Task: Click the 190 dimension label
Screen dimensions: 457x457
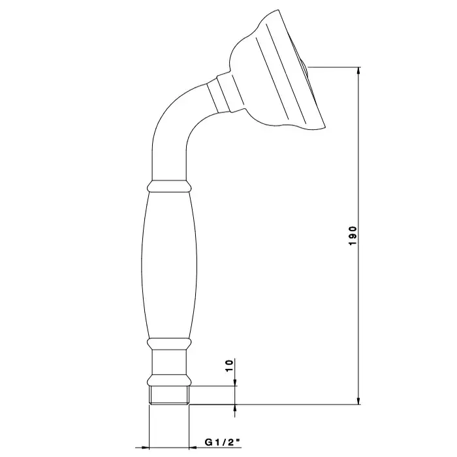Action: [353, 236]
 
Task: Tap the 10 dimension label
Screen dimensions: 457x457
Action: [230, 366]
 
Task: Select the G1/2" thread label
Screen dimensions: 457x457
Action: [223, 443]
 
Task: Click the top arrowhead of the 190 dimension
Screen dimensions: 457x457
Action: [359, 71]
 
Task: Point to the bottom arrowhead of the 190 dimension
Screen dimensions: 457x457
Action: [359, 400]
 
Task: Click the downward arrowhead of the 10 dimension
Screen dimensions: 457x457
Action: [235, 382]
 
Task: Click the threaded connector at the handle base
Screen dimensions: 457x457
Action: [169, 395]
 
